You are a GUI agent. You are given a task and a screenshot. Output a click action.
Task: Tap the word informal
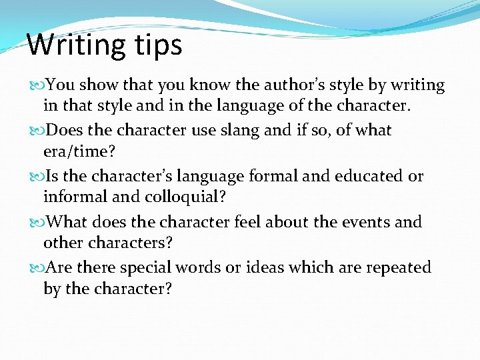75,197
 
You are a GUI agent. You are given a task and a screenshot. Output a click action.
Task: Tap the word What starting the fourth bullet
69,222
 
